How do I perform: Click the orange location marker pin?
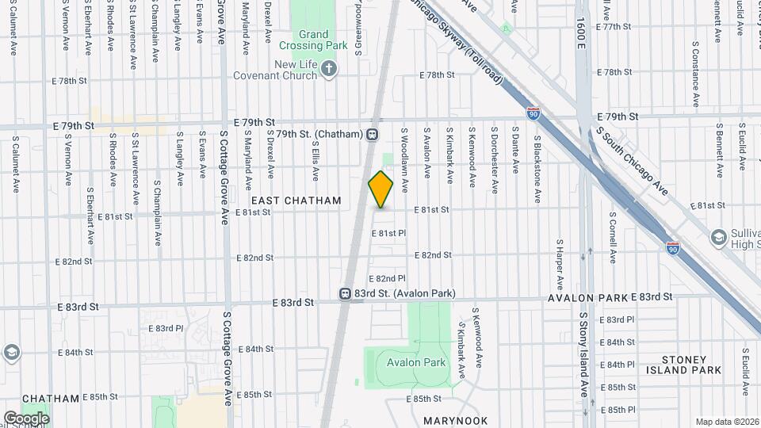click(x=380, y=189)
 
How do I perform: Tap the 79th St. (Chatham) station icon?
click(x=372, y=134)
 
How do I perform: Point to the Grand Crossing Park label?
click(x=324, y=40)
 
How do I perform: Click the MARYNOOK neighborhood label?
click(x=455, y=420)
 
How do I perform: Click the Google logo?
click(x=26, y=418)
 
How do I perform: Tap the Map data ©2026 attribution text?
click(x=726, y=421)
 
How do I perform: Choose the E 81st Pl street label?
click(x=389, y=234)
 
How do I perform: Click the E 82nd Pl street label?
click(x=389, y=278)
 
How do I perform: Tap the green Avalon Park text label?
click(x=416, y=363)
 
